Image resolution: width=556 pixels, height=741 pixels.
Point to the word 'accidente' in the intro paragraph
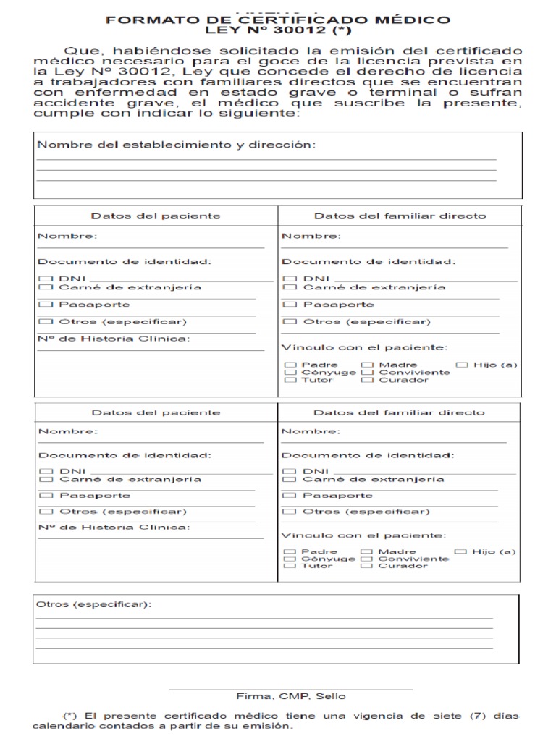point(67,103)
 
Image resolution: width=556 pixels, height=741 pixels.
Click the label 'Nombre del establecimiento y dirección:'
point(176,145)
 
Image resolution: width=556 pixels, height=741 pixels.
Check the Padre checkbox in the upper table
point(290,365)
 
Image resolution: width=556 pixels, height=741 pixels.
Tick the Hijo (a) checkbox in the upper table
point(462,365)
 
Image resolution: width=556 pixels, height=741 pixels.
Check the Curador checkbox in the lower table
point(366,566)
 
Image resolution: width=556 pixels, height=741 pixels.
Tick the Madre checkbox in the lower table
point(366,551)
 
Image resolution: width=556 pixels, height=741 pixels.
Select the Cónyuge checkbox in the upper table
point(290,373)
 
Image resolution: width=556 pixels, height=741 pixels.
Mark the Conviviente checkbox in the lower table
point(366,559)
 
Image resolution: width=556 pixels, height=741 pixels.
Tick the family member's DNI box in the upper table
point(290,279)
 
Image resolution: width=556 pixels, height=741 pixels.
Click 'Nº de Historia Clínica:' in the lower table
point(114,527)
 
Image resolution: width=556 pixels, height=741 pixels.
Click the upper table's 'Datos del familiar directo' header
point(400,216)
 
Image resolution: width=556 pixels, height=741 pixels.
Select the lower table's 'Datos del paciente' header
point(156,412)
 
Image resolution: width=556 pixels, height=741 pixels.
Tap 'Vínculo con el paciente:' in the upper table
point(364,347)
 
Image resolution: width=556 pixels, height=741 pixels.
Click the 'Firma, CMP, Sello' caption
point(291,696)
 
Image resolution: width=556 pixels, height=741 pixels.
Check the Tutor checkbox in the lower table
point(290,566)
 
